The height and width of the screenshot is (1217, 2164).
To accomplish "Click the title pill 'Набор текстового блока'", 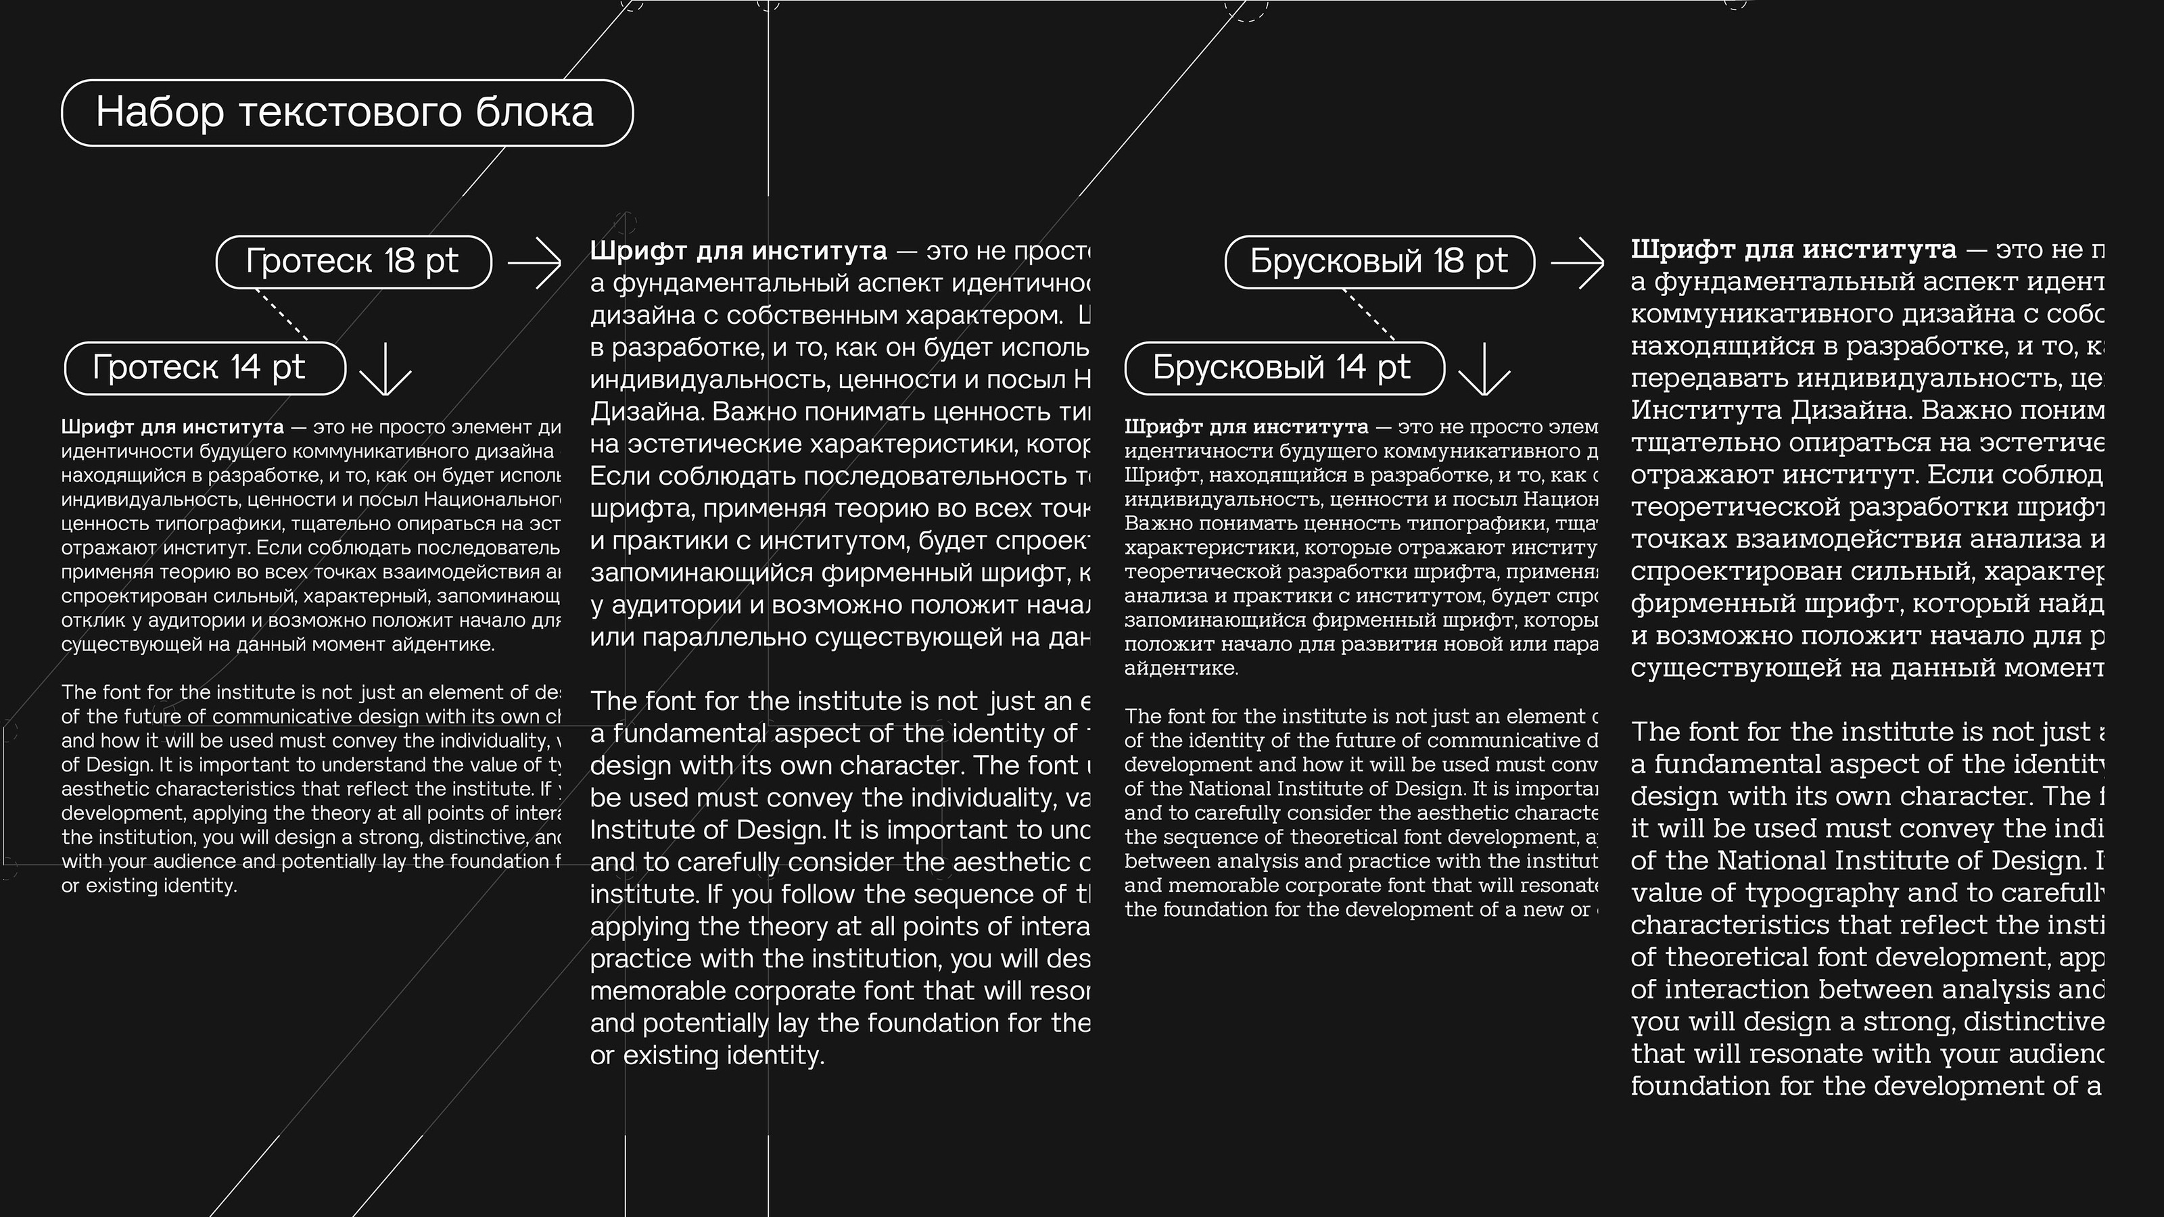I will point(346,112).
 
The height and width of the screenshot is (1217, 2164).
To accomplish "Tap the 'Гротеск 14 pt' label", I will point(205,368).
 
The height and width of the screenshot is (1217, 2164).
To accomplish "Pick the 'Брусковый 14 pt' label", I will point(1284,368).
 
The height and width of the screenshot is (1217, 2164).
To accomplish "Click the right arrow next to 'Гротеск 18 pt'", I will point(535,263).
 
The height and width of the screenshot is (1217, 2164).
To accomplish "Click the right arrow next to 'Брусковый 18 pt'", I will point(1577,263).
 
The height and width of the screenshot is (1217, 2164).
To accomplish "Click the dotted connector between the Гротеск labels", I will point(282,315).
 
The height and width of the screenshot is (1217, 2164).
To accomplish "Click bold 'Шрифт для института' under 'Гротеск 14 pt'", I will point(172,427).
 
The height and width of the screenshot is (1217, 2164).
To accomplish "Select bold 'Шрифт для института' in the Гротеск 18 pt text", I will point(738,250).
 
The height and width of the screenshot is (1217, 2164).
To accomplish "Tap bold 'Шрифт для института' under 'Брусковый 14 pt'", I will point(1246,427).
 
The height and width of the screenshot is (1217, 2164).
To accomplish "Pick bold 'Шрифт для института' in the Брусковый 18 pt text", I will point(1793,249).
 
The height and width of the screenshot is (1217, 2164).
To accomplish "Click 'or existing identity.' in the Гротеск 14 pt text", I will point(149,886).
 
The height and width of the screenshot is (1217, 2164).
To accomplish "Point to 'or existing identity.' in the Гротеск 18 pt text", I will point(707,1055).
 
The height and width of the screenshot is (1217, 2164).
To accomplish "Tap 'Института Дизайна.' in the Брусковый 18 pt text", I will point(1772,410).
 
